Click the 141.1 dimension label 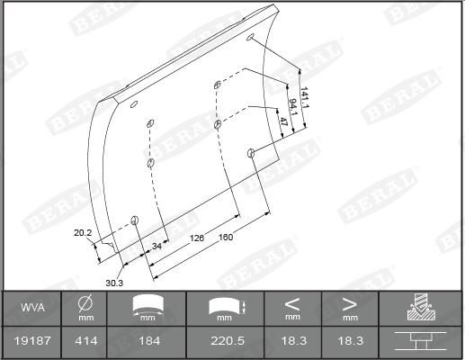point(304,97)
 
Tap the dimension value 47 point(283,121)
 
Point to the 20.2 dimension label point(83,232)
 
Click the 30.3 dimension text point(114,283)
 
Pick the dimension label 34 point(156,246)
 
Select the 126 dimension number point(197,238)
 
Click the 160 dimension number point(226,238)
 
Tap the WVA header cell point(32,308)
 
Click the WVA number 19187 point(32,341)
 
